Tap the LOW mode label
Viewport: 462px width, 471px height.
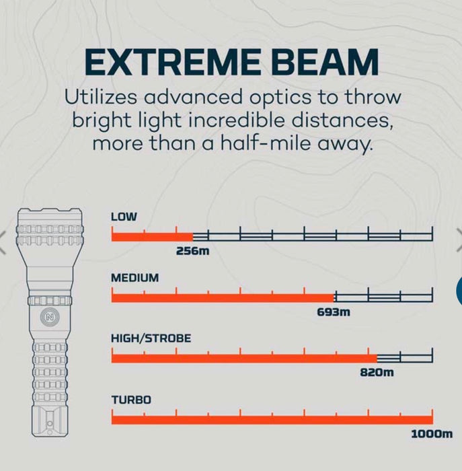(x=124, y=217)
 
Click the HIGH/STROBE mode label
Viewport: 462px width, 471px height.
(x=151, y=338)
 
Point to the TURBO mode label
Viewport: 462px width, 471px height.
(x=131, y=400)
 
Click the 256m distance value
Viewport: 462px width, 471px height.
(x=194, y=251)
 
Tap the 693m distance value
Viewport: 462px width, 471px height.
(x=334, y=312)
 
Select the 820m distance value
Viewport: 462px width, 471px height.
(x=377, y=373)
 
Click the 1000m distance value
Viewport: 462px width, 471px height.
(x=431, y=434)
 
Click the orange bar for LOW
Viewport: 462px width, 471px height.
(x=152, y=236)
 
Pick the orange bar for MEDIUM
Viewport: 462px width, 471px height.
(x=222, y=297)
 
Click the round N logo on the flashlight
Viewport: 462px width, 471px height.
(x=49, y=316)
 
